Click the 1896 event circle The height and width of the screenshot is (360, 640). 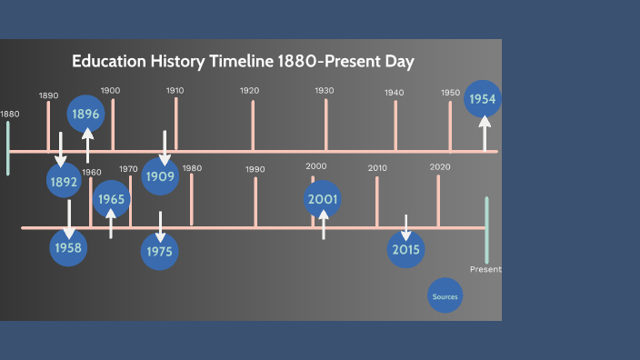tap(87, 114)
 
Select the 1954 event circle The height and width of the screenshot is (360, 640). tap(483, 99)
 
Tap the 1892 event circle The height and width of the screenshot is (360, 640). tap(65, 180)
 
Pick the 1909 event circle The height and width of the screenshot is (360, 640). tap(160, 176)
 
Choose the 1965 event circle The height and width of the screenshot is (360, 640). tap(112, 199)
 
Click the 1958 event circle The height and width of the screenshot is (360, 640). tap(68, 247)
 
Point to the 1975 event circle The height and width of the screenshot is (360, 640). tap(160, 251)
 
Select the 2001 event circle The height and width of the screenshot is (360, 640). tap(323, 199)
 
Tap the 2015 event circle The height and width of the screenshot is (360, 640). tap(405, 249)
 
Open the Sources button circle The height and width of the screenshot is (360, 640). tap(445, 296)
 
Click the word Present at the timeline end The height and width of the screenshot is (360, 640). tap(485, 270)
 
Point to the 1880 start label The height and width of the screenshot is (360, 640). tap(9, 114)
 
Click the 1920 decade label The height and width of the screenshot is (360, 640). tap(249, 91)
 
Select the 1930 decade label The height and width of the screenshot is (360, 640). tap(325, 91)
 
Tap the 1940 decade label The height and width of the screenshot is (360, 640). tap(394, 93)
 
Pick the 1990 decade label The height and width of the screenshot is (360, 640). tap(255, 169)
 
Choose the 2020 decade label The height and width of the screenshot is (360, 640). tap(440, 166)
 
